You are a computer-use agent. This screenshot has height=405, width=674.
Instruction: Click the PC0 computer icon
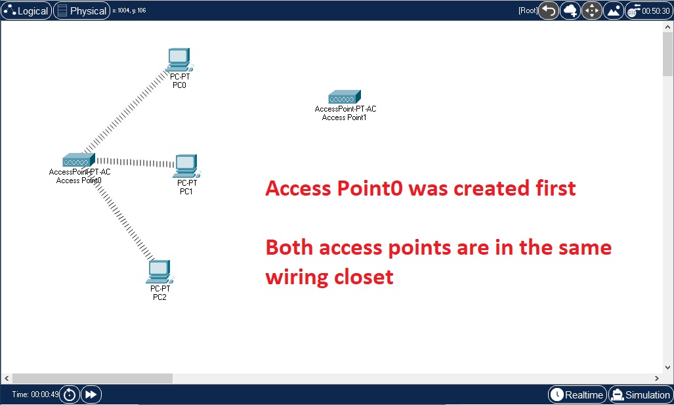pos(178,60)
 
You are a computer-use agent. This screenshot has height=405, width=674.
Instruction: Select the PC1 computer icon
pos(186,166)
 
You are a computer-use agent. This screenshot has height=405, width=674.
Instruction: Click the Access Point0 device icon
pos(79,160)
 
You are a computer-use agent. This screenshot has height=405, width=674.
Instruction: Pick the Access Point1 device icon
pos(345,97)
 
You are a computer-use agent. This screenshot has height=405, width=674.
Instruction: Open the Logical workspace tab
pos(26,11)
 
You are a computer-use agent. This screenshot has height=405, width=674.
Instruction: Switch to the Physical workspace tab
pos(81,11)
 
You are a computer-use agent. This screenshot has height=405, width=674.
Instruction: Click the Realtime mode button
pos(577,394)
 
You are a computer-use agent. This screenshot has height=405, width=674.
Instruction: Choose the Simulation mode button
pos(641,394)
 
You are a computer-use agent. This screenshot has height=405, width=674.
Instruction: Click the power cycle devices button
pos(69,394)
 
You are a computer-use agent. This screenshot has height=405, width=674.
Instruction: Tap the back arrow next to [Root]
pos(549,11)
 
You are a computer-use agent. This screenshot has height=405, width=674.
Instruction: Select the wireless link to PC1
pos(135,161)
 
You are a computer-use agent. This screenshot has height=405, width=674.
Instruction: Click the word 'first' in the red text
pos(552,189)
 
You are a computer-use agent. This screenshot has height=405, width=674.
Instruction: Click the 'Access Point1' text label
pos(344,117)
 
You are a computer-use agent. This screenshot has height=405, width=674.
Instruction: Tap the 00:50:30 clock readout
pos(656,11)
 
